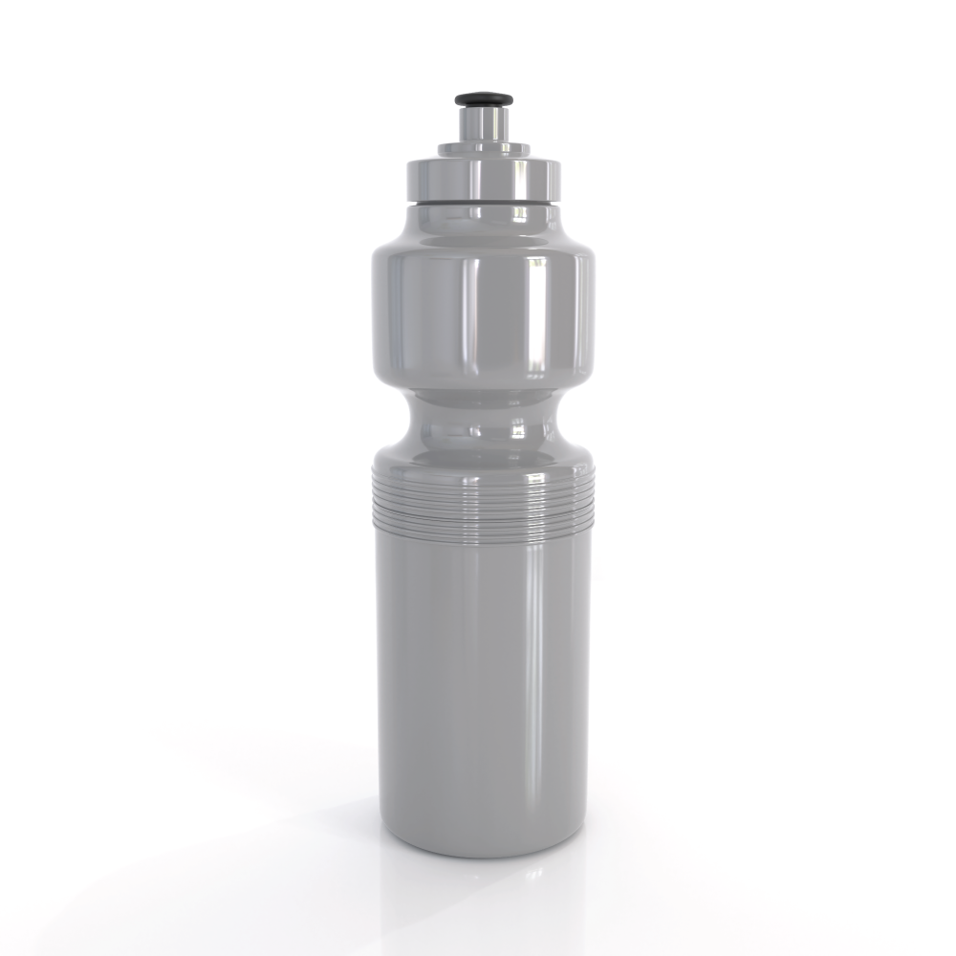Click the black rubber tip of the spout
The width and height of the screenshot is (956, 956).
[483, 99]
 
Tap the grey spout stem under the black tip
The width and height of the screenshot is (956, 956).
[483, 122]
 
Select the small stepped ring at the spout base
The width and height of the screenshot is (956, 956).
[483, 149]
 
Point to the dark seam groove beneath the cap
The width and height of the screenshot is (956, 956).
[482, 203]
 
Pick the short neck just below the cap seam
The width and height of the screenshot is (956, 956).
[482, 216]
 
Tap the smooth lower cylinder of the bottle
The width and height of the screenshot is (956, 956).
[449, 688]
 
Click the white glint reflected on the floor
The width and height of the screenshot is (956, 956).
[535, 873]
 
